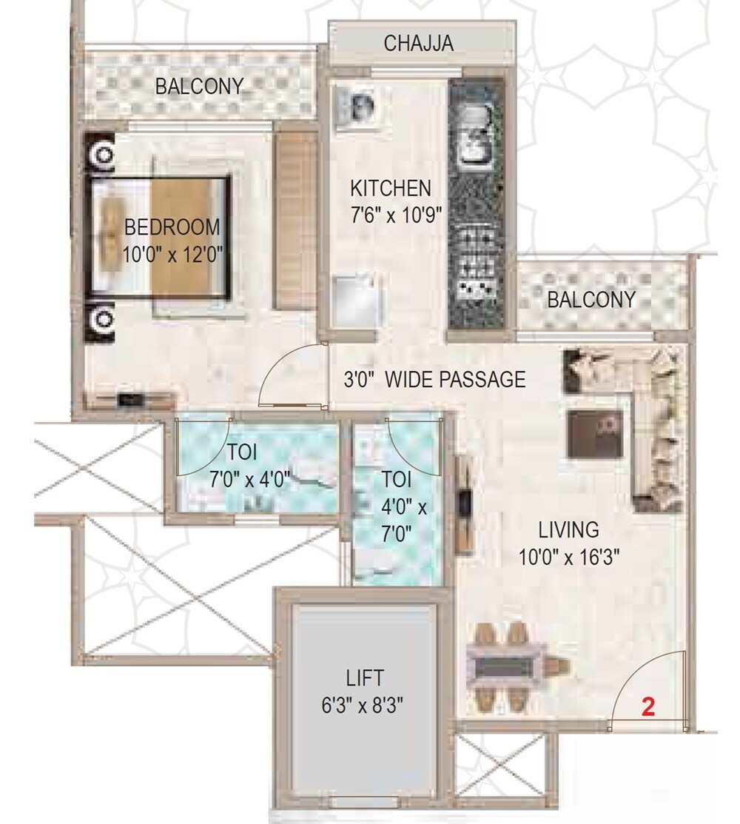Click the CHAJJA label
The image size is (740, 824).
point(418,43)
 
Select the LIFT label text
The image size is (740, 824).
point(365,677)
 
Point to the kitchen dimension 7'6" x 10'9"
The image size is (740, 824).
point(396,215)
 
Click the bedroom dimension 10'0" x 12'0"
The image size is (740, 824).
point(172,255)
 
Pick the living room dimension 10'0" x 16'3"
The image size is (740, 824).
point(568,557)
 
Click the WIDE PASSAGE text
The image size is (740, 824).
point(456,380)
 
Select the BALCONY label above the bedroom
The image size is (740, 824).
point(198,87)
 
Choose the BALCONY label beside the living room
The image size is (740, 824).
point(591,300)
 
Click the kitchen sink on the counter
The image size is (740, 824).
point(473,137)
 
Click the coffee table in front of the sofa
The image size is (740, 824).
point(594,435)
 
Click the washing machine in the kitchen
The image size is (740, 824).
point(356,108)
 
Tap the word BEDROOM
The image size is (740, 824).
point(172,227)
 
